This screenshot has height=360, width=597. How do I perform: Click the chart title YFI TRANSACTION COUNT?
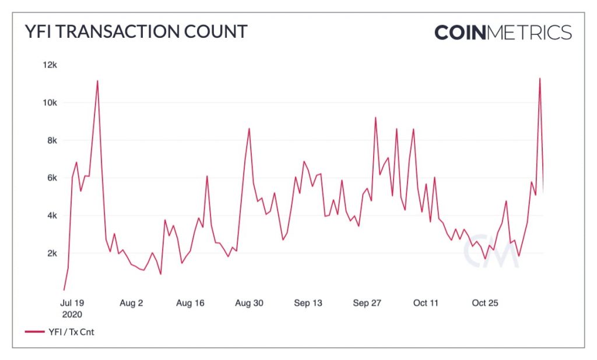click(136, 31)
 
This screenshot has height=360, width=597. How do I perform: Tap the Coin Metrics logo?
click(503, 33)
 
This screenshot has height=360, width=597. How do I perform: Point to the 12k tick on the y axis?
click(50, 65)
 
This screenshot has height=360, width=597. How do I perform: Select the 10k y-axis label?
click(50, 103)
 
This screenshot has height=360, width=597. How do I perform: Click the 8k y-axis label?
click(52, 140)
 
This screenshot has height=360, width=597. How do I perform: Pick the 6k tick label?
click(52, 178)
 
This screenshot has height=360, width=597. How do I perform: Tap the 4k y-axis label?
click(52, 216)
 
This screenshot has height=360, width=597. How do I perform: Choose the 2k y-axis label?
click(52, 253)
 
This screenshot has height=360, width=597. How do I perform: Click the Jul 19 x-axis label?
click(72, 303)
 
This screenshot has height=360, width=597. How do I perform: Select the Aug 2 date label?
click(131, 303)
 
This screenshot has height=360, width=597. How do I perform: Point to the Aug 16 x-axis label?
click(190, 303)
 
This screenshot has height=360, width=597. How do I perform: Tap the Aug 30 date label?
click(249, 303)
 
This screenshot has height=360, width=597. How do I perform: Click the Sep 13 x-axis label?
click(308, 303)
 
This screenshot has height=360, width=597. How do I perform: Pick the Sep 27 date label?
click(367, 303)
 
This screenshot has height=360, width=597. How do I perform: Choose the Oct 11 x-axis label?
click(426, 303)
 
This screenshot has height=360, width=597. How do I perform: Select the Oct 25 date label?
click(484, 303)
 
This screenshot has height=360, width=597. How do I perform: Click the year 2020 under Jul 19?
click(72, 315)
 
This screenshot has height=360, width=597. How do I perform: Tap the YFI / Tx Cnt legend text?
click(71, 332)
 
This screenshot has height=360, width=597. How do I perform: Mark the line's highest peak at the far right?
click(539, 79)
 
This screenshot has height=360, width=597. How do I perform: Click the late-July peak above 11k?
click(97, 80)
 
